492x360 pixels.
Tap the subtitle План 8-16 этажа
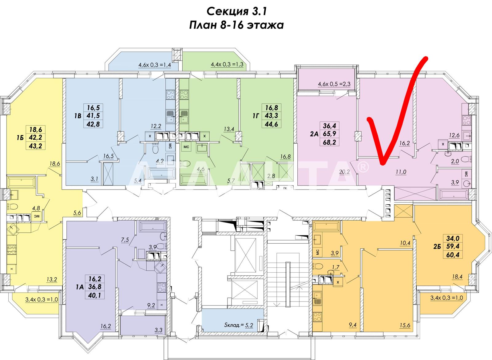pyautogui.click(x=236, y=25)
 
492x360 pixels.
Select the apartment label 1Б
pyautogui.click(x=20, y=138)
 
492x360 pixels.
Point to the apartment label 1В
pyautogui.click(x=78, y=116)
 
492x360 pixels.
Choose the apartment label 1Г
pyautogui.click(x=256, y=116)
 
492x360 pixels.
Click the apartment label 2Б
pyautogui.click(x=437, y=246)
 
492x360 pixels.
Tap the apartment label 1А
pyautogui.click(x=80, y=287)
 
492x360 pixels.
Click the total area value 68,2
pyautogui.click(x=329, y=142)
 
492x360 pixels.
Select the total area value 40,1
pyautogui.click(x=95, y=295)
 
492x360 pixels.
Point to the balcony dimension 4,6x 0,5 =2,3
pyautogui.click(x=334, y=84)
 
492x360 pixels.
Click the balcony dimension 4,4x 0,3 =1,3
pyautogui.click(x=227, y=64)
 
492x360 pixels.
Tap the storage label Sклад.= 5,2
pyautogui.click(x=239, y=325)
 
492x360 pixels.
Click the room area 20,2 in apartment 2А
pyautogui.click(x=344, y=172)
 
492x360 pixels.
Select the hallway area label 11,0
pyautogui.click(x=401, y=172)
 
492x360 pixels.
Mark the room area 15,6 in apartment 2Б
pyautogui.click(x=405, y=325)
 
